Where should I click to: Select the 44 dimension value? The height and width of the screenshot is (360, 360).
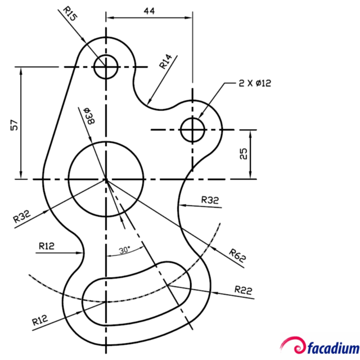click(x=149, y=10)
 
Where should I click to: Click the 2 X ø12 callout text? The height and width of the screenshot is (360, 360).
click(x=254, y=83)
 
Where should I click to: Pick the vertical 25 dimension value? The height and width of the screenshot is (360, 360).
click(x=244, y=154)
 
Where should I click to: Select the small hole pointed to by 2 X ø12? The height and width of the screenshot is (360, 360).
click(x=193, y=130)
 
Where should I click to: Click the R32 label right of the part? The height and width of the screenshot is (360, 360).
click(x=210, y=200)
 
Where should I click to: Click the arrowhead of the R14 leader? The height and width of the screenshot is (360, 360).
click(x=147, y=102)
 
